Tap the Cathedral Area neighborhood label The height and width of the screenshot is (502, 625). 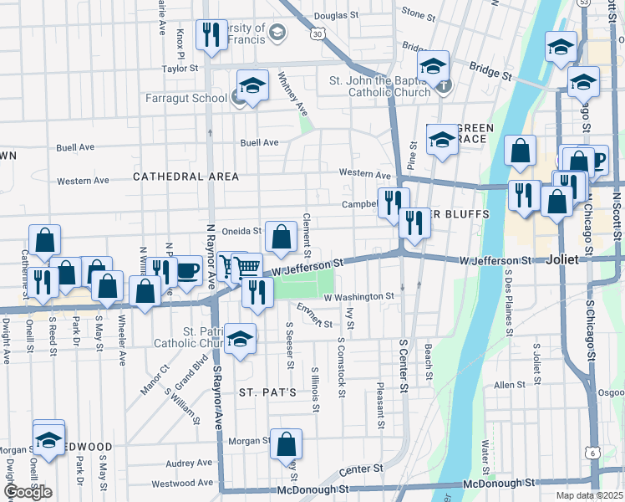pos(185,177)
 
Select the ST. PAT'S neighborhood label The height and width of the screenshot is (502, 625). pos(267,392)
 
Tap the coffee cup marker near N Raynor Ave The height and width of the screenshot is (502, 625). pos(187,271)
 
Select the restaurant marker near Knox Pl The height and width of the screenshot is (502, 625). pos(210,34)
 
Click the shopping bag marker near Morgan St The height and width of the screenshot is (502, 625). pos(286,444)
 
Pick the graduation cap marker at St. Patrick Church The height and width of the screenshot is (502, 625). pos(241,339)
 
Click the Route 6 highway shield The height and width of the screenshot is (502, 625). pos(592,453)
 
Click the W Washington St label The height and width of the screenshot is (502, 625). pos(358,297)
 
